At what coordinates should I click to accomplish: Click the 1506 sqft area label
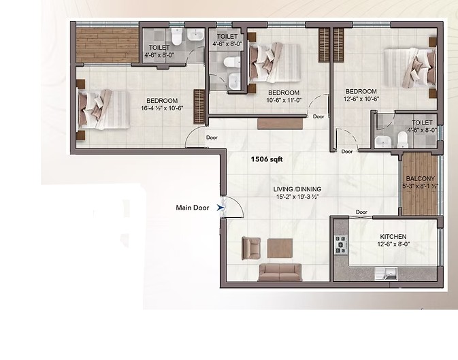pos(267,159)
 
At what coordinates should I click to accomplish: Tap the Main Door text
pos(193,208)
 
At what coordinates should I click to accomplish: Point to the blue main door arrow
pos(220,208)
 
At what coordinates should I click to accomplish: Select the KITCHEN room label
pos(393,236)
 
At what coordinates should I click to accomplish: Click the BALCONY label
pos(421,178)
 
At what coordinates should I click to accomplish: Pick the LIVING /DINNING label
pos(297,189)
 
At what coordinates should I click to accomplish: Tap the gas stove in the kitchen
pos(341,244)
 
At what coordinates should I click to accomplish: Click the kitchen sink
pos(386,274)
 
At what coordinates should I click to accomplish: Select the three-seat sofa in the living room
pos(280,272)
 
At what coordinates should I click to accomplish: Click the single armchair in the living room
pos(251,248)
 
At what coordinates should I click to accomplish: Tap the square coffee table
pos(280,248)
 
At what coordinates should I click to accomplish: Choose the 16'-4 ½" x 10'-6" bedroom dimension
pos(162,108)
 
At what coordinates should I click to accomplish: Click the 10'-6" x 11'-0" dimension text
pos(284,100)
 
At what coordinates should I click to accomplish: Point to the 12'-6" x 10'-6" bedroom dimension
pos(361,99)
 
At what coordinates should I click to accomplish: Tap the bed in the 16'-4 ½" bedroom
pos(103,110)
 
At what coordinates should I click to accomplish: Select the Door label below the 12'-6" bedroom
pos(347,151)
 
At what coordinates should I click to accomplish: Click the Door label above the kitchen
pos(361,212)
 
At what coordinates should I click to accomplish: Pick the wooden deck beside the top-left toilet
pos(108,45)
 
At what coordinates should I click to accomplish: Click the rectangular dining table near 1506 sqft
pos(280,123)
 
